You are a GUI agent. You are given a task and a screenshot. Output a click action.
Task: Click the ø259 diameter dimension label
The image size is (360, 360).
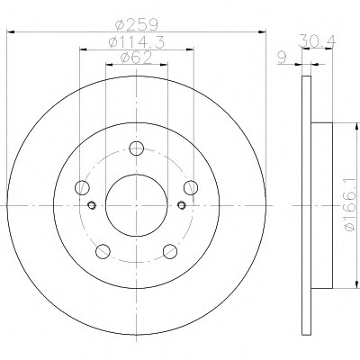tap(137, 24)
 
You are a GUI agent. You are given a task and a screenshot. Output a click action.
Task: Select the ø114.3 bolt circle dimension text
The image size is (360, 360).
tap(137, 42)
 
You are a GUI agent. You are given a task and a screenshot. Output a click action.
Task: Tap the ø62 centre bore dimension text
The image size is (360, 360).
tap(136, 58)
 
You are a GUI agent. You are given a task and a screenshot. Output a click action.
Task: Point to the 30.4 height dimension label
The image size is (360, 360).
tap(317, 40)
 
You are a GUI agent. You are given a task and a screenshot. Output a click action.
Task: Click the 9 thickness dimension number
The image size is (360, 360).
tap(282, 58)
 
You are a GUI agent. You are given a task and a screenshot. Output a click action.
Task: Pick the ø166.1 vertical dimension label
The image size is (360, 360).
tap(352, 205)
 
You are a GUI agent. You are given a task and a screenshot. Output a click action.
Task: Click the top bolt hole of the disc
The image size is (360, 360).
tap(137, 148)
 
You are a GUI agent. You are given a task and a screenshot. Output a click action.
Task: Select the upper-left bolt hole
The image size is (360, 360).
tap(82, 188)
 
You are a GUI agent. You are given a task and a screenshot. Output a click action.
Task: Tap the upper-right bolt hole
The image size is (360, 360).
tap(191, 188)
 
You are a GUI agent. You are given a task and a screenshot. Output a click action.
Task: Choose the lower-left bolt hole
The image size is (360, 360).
tap(103, 251)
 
